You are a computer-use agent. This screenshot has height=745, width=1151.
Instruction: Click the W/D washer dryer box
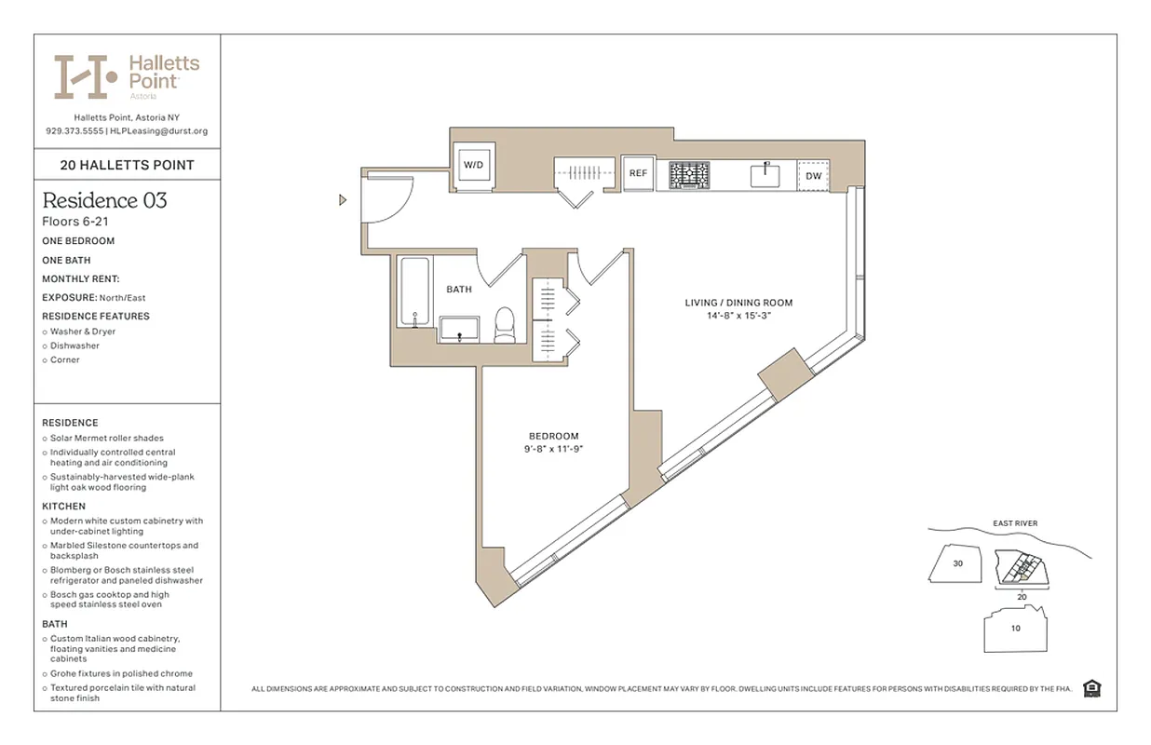pyautogui.click(x=474, y=166)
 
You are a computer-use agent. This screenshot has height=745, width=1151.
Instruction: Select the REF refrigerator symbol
pyautogui.click(x=638, y=173)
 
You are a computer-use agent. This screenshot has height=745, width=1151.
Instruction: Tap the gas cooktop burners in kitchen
pyautogui.click(x=689, y=174)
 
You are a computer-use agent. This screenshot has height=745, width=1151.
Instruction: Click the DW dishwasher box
pyautogui.click(x=813, y=175)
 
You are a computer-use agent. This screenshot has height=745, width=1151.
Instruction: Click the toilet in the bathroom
pyautogui.click(x=505, y=325)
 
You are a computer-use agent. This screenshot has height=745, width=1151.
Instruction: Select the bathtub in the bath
pyautogui.click(x=414, y=291)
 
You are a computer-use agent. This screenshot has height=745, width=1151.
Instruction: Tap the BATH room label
pyautogui.click(x=459, y=290)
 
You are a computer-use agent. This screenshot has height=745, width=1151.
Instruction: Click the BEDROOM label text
pyautogui.click(x=553, y=436)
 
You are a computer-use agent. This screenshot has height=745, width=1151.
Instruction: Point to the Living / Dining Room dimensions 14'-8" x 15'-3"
pyautogui.click(x=739, y=316)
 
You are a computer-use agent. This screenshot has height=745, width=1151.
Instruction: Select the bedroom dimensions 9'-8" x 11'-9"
pyautogui.click(x=553, y=449)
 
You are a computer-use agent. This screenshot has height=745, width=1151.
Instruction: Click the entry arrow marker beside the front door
pyautogui.click(x=343, y=199)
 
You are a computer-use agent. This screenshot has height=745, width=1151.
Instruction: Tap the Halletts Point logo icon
pyautogui.click(x=86, y=76)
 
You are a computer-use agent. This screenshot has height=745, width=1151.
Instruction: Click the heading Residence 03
pyautogui.click(x=104, y=200)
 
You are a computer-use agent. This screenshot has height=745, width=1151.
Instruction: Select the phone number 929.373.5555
pyautogui.click(x=74, y=131)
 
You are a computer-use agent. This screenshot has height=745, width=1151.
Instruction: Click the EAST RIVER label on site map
pyautogui.click(x=1015, y=523)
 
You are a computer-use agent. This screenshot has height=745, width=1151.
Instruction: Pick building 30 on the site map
pyautogui.click(x=957, y=563)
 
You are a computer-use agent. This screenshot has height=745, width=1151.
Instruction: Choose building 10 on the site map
pyautogui.click(x=1015, y=628)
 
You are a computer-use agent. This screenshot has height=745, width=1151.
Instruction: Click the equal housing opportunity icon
pyautogui.click(x=1091, y=688)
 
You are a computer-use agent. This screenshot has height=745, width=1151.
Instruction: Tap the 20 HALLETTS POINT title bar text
pyautogui.click(x=127, y=165)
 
